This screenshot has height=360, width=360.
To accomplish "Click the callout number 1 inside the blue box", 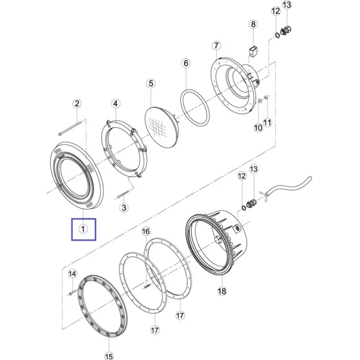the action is [x=83, y=229].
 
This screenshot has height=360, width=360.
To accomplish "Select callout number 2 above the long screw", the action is [x=77, y=103].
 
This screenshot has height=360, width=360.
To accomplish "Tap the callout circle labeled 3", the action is [x=124, y=208].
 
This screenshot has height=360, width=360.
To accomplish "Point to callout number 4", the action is [x=115, y=103].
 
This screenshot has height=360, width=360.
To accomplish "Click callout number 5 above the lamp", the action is [x=151, y=84].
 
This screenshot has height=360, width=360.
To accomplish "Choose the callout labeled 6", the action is [x=186, y=63].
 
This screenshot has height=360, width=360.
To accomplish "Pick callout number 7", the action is [x=216, y=46].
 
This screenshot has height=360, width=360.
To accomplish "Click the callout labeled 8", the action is [x=253, y=24].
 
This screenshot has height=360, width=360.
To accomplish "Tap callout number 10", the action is [x=258, y=128].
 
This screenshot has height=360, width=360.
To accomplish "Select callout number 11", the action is [x=267, y=122].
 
